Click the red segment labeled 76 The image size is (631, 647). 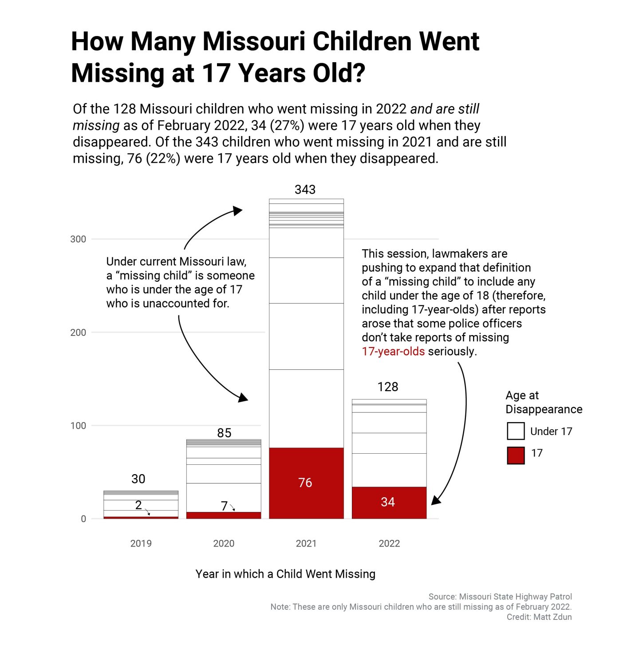click(306, 483)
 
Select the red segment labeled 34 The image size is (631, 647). click(389, 503)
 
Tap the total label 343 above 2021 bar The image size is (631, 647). click(305, 190)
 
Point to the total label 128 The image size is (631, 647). click(388, 387)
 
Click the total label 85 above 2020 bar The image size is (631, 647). click(224, 433)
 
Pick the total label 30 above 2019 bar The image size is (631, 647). click(138, 479)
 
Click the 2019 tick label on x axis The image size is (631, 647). click(141, 543)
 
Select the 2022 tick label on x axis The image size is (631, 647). click(389, 543)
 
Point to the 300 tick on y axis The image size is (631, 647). click(78, 239)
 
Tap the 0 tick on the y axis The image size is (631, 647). click(83, 519)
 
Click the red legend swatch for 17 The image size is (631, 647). click(516, 455)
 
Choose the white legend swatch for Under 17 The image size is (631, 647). click(516, 431)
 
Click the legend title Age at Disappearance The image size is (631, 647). click(544, 402)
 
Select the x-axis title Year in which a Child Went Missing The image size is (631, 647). click(285, 574)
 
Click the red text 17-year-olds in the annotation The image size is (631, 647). click(393, 351)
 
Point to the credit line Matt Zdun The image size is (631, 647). click(539, 617)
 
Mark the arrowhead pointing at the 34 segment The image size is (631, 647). click(436, 500)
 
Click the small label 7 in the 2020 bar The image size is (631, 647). click(224, 506)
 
